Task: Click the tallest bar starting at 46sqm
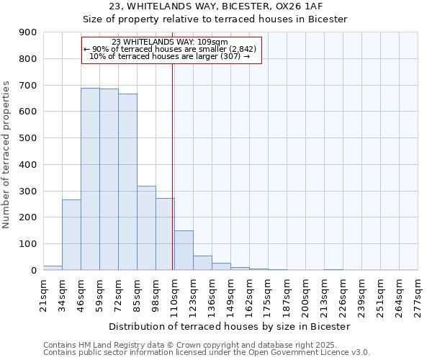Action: pos(90,179)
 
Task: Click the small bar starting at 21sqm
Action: pos(53,268)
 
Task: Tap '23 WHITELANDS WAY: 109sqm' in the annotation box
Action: pos(170,42)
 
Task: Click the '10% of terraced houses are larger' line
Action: pos(170,56)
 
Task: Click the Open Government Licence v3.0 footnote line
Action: pos(207,353)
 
